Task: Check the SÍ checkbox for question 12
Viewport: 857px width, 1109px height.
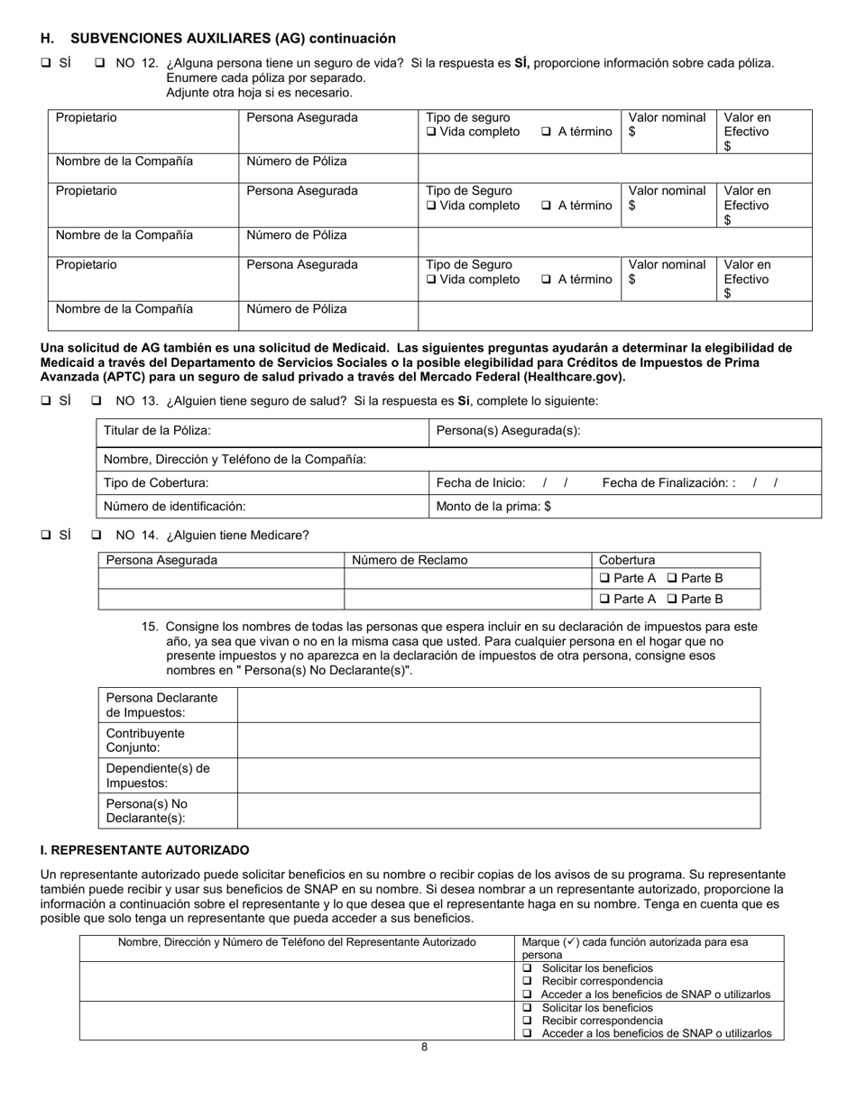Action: (46, 63)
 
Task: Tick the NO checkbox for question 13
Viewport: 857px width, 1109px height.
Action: (97, 401)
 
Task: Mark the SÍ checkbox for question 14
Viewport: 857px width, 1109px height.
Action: (46, 535)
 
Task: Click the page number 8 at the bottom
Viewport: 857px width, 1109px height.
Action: (424, 1047)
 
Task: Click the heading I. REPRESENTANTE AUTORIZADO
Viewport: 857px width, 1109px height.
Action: (144, 850)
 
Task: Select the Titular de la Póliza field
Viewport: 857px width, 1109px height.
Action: (263, 432)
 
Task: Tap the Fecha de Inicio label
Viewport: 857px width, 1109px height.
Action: (480, 482)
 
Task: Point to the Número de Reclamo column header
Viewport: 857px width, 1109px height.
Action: (410, 560)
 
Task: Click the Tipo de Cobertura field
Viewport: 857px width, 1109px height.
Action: (263, 482)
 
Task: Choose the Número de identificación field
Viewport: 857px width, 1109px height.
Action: (263, 506)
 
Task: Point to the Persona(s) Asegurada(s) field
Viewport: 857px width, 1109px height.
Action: (625, 432)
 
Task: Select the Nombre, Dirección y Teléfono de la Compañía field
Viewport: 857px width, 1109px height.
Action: (458, 459)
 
